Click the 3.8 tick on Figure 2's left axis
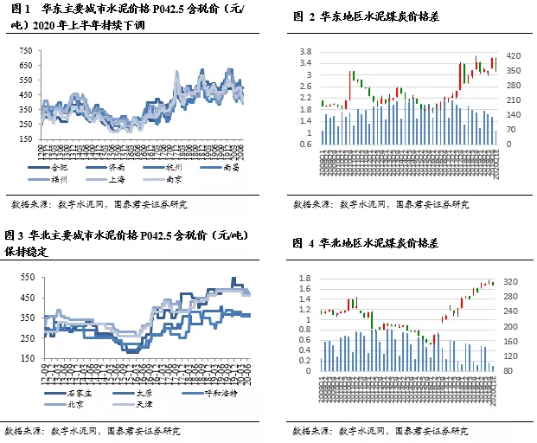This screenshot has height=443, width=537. coord(305,52)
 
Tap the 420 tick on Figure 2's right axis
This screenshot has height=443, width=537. coord(515,52)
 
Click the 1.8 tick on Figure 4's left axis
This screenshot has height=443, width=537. coord(305,278)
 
